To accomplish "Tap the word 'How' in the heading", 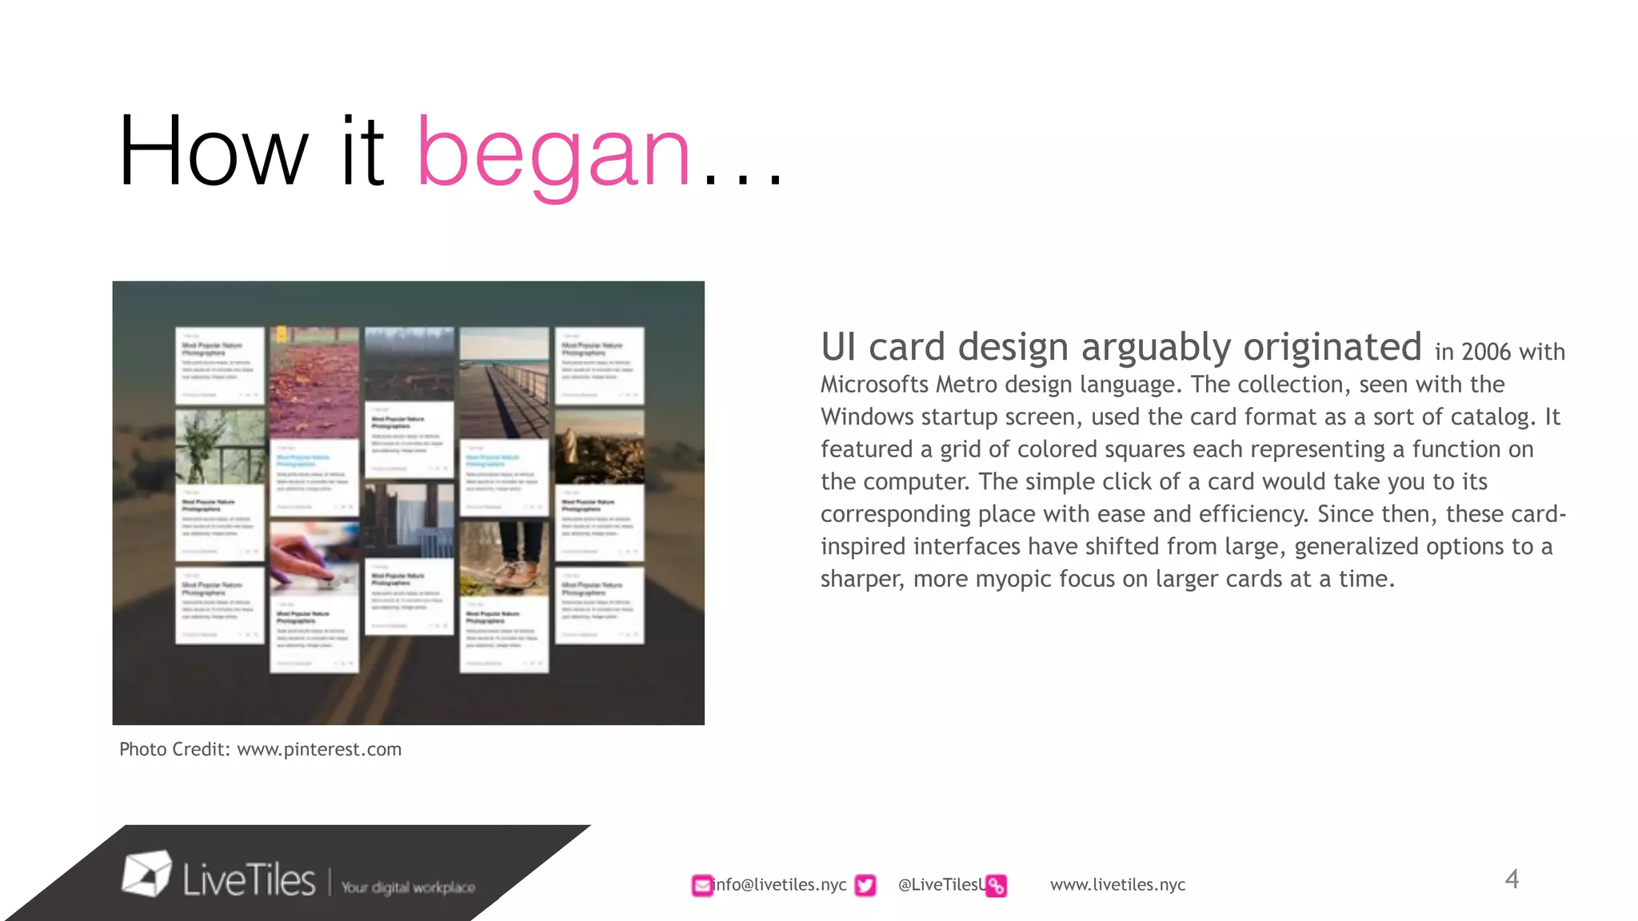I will click(213, 152).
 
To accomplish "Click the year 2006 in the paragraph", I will click(1485, 353).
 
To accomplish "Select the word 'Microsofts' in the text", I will click(875, 385).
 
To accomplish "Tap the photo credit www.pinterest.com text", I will click(319, 750).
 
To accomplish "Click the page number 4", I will click(1511, 879).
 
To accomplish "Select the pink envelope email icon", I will click(701, 885).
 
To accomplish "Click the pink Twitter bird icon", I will click(865, 885).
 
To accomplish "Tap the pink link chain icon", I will click(996, 886).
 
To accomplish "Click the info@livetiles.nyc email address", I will click(780, 884).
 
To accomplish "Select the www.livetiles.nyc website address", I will click(1117, 884).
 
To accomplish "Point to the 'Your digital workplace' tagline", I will click(408, 887).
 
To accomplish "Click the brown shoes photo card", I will click(504, 556).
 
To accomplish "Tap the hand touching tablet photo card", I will click(314, 557).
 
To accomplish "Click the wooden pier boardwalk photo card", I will click(504, 381).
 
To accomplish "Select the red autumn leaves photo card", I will click(314, 381).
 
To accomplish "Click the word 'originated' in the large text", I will click(1332, 347).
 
